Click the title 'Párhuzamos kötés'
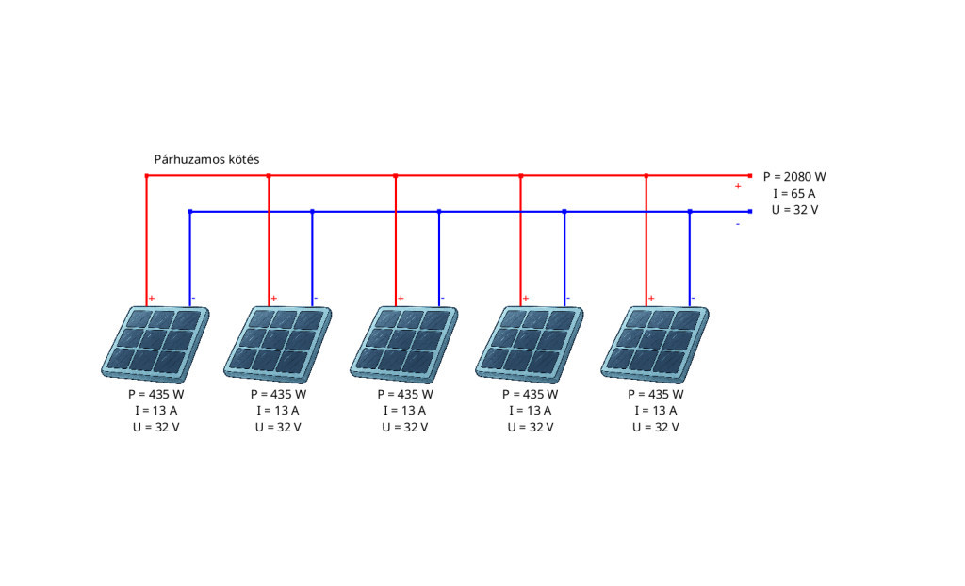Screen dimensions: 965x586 point(206,159)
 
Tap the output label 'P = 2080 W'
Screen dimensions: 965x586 point(794,177)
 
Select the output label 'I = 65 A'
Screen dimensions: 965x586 point(794,193)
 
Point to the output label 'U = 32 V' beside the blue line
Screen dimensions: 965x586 point(794,210)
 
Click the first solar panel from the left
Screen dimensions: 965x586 point(155,344)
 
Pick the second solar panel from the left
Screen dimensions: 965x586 point(278,344)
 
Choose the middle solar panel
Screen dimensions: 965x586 point(404,344)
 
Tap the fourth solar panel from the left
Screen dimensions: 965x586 point(530,344)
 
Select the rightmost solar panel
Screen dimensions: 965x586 point(655,344)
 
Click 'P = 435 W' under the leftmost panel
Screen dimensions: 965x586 point(155,394)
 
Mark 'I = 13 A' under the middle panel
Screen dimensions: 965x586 point(405,411)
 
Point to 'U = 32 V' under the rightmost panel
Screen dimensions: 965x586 point(656,427)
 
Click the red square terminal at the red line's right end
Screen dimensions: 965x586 point(749,176)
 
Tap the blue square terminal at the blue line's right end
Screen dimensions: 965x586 point(749,212)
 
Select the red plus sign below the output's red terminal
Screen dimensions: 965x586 point(738,186)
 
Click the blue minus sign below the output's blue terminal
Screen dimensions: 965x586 point(738,224)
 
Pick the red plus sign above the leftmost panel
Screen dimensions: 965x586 point(152,299)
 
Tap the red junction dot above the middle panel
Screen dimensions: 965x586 point(396,176)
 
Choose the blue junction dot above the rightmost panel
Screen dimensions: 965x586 point(690,212)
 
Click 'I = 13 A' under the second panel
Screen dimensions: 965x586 point(278,411)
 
